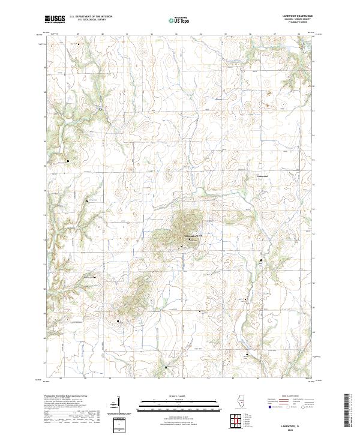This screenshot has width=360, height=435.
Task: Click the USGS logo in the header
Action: point(55,19)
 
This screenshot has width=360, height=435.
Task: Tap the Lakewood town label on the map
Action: point(265,176)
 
